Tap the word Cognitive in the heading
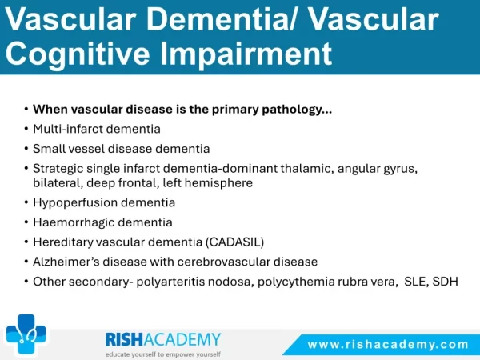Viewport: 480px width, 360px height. pos(78,54)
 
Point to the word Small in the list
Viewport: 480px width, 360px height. pos(46,149)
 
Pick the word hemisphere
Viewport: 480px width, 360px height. pos(218,183)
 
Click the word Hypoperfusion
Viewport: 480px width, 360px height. pos(75,202)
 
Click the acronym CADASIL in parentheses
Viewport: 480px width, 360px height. pos(234,242)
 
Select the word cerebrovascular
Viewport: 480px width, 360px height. pos(223,262)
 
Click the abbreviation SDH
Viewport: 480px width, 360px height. pos(446,282)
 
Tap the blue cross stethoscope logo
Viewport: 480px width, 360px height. pos(26,334)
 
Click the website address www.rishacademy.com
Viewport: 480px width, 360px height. pos(388,345)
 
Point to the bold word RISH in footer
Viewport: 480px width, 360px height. pos(124,339)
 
